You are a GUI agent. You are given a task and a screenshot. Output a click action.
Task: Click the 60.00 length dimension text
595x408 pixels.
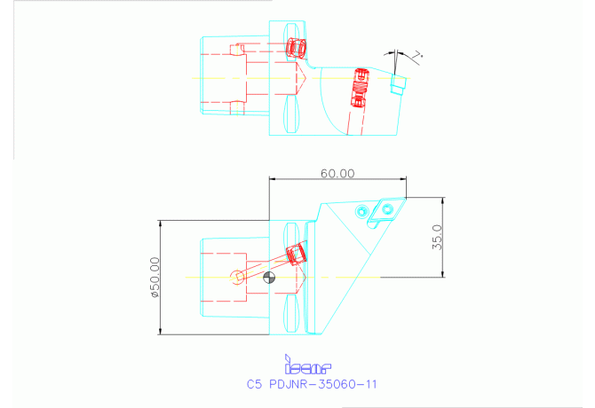(337, 174)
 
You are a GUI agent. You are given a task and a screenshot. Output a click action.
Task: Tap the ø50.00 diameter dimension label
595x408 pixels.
(155, 278)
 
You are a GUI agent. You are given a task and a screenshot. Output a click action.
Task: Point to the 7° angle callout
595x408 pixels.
(417, 55)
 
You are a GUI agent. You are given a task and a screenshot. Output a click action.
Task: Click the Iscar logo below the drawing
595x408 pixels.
(306, 365)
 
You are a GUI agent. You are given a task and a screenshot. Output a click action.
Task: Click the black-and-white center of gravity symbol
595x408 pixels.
(271, 278)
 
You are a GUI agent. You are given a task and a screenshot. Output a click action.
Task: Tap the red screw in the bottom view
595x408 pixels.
(297, 255)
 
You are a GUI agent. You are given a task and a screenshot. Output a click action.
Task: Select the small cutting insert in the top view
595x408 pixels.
(398, 83)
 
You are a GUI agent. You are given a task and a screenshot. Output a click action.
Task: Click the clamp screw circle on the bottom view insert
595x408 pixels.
(388, 208)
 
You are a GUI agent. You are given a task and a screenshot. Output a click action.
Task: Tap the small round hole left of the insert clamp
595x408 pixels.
(361, 210)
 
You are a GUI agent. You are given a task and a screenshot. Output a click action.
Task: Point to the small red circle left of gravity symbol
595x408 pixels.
(238, 277)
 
